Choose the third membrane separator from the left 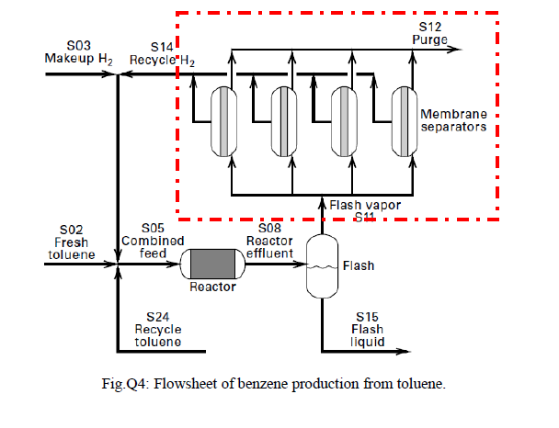(344, 120)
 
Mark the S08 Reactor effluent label (268, 241)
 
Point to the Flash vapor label (364, 206)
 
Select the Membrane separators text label (452, 120)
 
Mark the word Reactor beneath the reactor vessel (213, 287)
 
